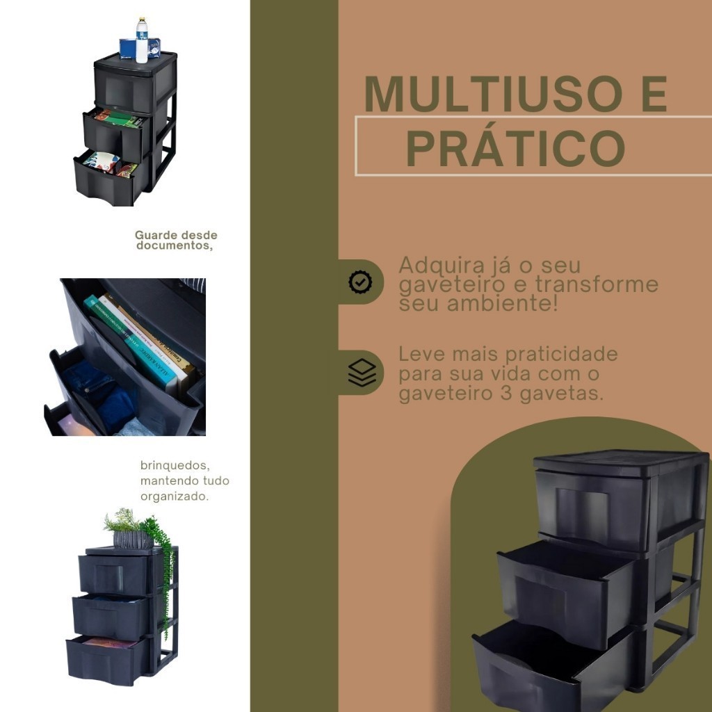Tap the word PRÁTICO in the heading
click(515, 149)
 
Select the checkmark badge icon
click(360, 282)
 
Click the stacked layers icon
click(362, 373)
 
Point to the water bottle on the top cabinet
click(142, 40)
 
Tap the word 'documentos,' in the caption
click(175, 245)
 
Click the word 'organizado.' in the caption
click(175, 496)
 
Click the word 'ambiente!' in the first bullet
click(502, 303)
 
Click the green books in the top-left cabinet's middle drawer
click(120, 119)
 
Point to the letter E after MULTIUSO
click(654, 94)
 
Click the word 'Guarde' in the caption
click(156, 235)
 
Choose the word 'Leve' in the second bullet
click(417, 354)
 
